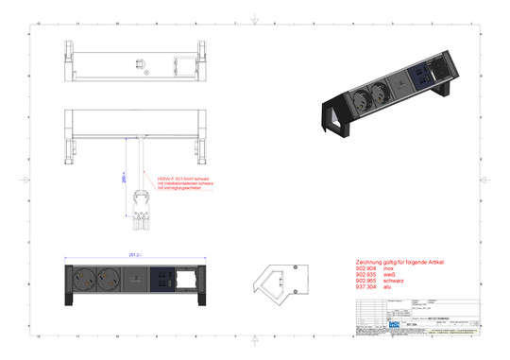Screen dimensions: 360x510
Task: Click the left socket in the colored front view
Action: coord(82,279)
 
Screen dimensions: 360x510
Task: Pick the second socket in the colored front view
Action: coord(108,279)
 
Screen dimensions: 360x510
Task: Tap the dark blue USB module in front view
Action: coord(163,279)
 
